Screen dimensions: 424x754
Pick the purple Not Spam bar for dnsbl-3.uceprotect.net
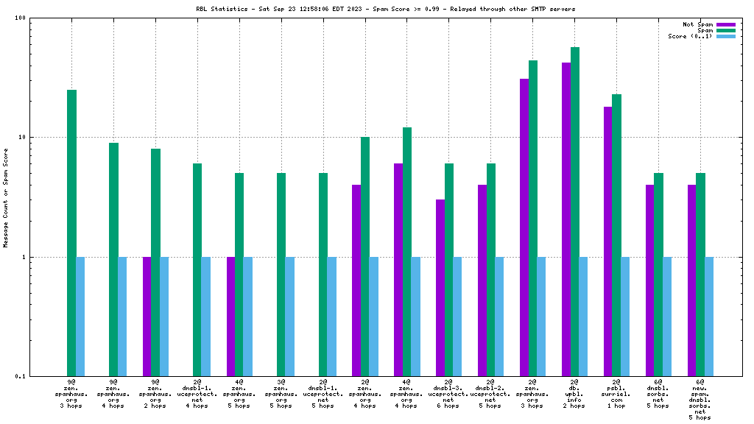coord(440,288)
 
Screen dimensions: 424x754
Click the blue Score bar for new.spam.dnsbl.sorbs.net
coord(709,317)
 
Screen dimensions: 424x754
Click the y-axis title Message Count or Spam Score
coord(6,197)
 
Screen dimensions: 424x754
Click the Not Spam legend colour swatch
coord(726,24)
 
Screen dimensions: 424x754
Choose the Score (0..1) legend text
coord(691,36)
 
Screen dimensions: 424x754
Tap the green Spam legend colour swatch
coord(726,30)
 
